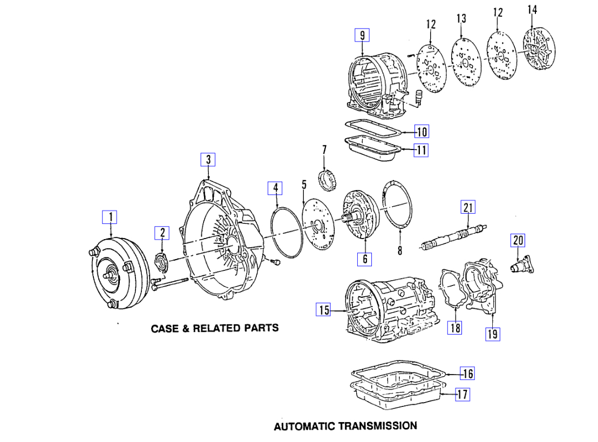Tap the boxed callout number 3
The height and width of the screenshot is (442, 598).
click(208, 159)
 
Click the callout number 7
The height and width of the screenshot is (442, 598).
click(324, 149)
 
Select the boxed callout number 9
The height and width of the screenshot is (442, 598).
click(362, 36)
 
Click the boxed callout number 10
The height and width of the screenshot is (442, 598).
click(421, 131)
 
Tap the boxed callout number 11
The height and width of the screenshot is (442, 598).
click(421, 150)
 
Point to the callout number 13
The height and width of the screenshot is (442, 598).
click(461, 19)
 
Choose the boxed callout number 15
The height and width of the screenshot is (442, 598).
click(324, 310)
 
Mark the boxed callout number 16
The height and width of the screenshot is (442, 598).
click(467, 373)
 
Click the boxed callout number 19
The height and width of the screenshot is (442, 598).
click(492, 334)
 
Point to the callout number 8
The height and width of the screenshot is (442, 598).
click(399, 250)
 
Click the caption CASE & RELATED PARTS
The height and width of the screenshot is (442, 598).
click(215, 328)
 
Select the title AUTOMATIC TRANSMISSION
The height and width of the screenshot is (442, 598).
click(345, 426)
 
